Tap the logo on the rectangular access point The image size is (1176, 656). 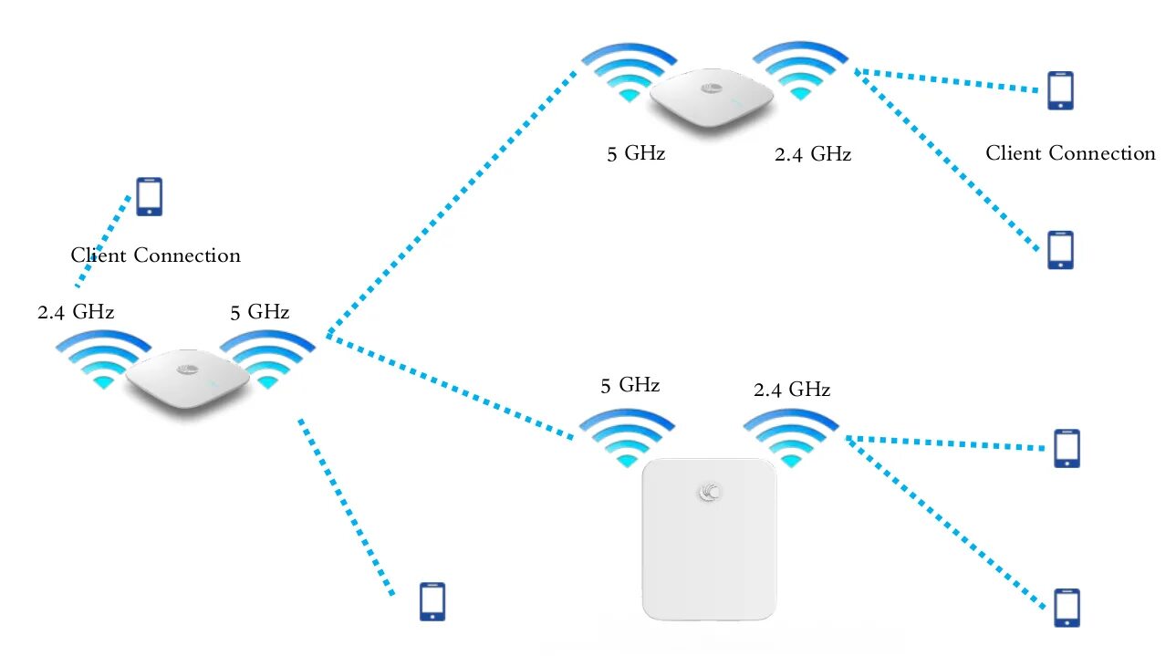pos(709,492)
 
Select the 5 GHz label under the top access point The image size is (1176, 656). pos(636,153)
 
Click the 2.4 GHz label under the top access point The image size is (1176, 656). pos(812,154)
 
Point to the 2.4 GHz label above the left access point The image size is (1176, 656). pos(76,312)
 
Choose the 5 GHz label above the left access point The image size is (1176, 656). pos(259,312)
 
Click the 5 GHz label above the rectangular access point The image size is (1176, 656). pos(630,385)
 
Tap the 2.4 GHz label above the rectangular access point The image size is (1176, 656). pos(791,390)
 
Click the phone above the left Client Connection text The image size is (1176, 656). pos(149,196)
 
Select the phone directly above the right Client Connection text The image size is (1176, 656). pos(1060,90)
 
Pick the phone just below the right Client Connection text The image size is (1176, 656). pos(1060,249)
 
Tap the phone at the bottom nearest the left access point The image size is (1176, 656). pos(432,601)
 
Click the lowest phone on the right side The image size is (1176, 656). pos(1066,608)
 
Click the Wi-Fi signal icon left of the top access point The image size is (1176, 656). pos(628,71)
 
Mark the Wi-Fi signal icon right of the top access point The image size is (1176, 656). pos(801,68)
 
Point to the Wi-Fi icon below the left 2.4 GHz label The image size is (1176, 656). pos(103,358)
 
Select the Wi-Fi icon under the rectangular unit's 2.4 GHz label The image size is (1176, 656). pos(790,435)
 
